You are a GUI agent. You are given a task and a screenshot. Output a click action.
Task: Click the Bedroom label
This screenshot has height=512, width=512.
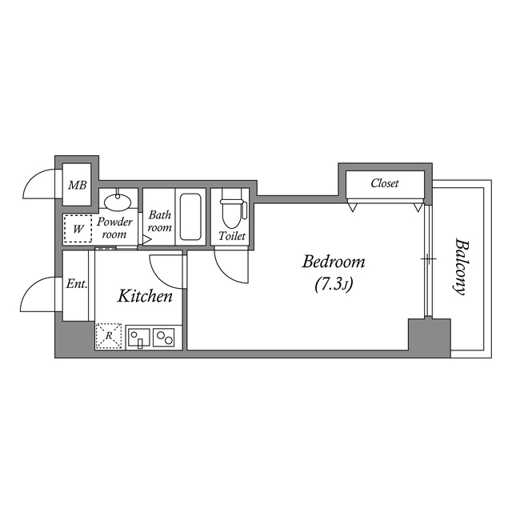pyautogui.click(x=333, y=262)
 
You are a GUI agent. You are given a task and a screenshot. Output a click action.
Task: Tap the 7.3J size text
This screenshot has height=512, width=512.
pyautogui.click(x=332, y=284)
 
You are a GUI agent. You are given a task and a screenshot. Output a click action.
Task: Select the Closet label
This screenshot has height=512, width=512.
pyautogui.click(x=384, y=183)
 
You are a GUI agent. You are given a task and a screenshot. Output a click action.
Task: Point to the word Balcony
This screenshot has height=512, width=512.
pyautogui.click(x=460, y=266)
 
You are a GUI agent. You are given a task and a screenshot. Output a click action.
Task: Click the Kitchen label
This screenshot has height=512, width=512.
pyautogui.click(x=146, y=297)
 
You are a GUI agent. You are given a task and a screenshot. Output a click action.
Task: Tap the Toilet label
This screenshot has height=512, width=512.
pyautogui.click(x=231, y=236)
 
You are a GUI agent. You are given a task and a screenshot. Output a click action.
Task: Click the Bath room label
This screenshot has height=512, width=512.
pyautogui.click(x=160, y=221)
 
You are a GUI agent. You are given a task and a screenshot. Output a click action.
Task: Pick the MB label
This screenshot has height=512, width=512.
pyautogui.click(x=77, y=186)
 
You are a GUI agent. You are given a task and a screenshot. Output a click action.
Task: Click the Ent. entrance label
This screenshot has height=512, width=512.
pyautogui.click(x=77, y=284)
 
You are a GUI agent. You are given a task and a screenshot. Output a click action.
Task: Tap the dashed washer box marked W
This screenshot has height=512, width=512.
pyautogui.click(x=78, y=229)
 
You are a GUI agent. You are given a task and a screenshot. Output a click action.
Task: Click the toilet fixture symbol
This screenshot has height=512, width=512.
pyautogui.click(x=231, y=210)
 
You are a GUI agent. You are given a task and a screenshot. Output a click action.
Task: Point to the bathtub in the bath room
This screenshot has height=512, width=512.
pyautogui.click(x=190, y=216)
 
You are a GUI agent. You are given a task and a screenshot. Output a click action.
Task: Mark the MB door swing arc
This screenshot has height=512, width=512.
pyautogui.click(x=40, y=184)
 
